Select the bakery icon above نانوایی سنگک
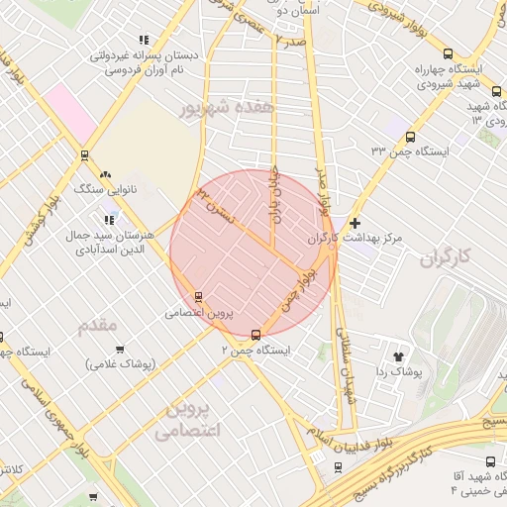(107, 174)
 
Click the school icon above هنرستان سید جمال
(110, 220)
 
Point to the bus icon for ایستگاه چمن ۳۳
(410, 138)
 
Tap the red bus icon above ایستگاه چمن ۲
(256, 334)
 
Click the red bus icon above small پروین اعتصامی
(199, 296)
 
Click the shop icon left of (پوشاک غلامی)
(121, 349)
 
